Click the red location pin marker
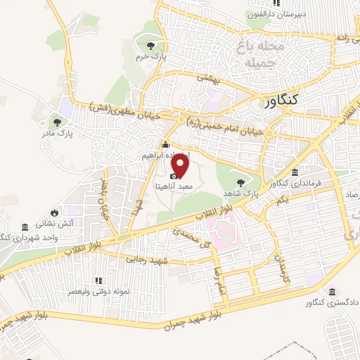point(181,166)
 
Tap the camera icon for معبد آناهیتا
point(173,175)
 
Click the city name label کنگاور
point(294,101)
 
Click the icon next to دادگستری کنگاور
point(331,292)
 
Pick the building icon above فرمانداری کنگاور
point(294,173)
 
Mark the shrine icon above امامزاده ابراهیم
point(166,145)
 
